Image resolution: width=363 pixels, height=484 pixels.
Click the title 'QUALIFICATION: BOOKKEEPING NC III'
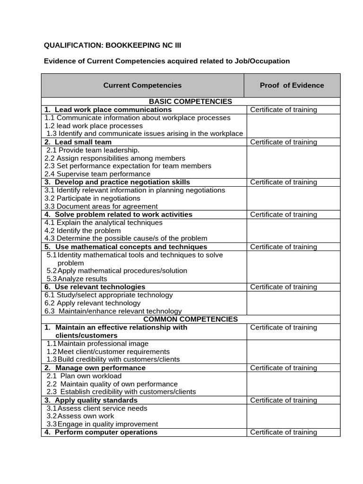112,45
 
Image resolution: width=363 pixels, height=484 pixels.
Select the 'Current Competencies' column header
142,86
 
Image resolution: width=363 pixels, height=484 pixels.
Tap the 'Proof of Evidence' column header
292,86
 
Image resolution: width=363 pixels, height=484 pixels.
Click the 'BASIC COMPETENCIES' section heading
190,102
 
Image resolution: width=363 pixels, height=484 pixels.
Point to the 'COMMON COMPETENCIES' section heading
190,319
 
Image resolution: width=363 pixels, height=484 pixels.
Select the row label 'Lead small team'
83,142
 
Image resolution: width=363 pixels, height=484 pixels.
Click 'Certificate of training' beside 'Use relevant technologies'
283,287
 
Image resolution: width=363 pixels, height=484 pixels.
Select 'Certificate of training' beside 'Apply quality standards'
283,400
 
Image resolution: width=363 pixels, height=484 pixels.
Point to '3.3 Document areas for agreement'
101,206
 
